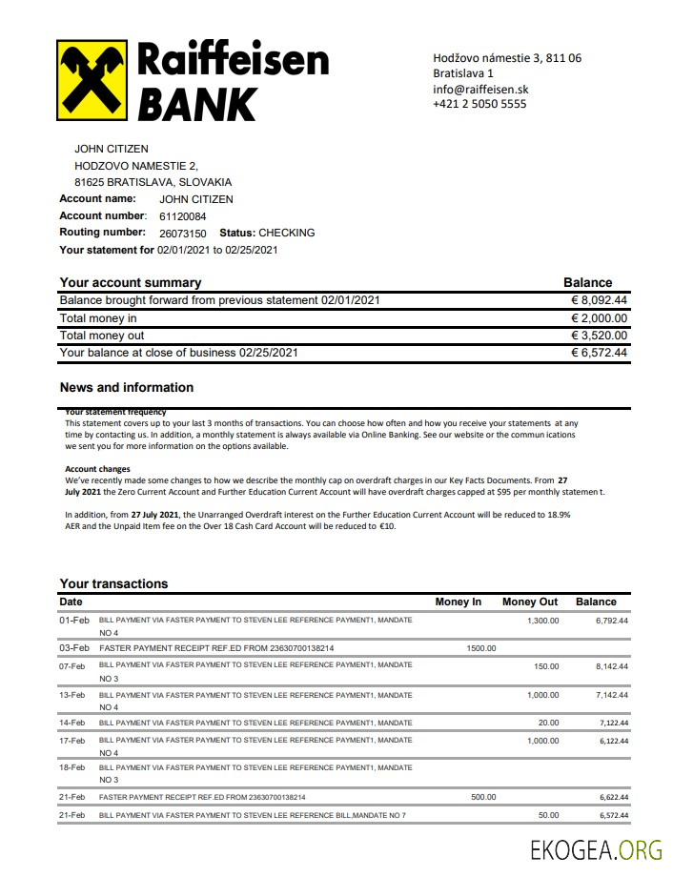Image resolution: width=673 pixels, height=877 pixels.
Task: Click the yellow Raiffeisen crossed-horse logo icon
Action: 93,80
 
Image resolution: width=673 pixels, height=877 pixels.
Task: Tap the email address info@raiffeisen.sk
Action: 480,89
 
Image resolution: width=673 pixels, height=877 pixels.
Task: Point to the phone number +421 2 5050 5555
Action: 479,104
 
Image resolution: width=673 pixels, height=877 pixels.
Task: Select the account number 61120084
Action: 183,216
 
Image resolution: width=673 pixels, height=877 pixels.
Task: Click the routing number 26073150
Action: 183,234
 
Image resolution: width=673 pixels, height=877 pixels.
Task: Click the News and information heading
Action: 127,388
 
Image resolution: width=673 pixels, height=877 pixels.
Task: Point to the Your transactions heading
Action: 113,583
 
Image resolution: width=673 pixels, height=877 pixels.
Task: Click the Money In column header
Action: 459,602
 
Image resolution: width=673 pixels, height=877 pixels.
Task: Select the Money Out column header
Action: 530,602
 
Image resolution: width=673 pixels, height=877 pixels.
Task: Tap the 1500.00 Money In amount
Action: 481,648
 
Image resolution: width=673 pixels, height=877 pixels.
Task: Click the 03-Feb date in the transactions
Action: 73,648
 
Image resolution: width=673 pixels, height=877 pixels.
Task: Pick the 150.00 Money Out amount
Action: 546,666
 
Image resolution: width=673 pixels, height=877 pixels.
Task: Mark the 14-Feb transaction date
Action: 73,724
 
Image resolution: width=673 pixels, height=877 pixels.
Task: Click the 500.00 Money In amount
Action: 484,797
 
